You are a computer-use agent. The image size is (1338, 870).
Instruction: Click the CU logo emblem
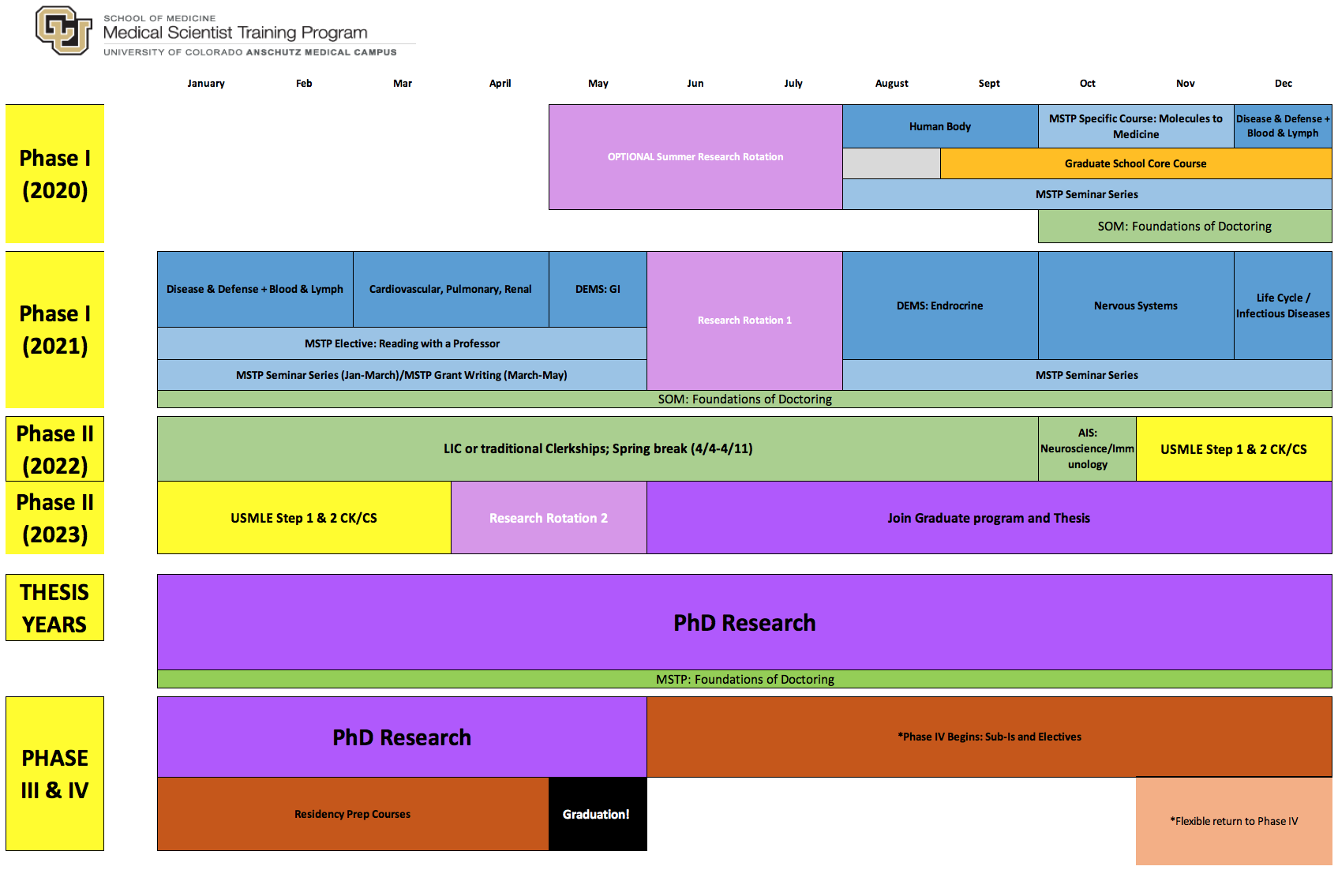(x=63, y=31)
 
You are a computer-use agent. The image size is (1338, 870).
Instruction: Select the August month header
(x=891, y=83)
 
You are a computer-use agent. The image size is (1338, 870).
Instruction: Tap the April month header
(x=500, y=83)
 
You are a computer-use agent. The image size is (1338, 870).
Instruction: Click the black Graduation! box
(x=597, y=814)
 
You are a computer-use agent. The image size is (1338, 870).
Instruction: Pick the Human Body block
(x=939, y=126)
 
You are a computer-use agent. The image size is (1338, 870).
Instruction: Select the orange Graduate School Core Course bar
(x=1135, y=163)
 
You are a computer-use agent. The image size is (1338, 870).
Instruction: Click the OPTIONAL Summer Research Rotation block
(x=695, y=157)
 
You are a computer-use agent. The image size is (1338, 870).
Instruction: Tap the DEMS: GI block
(x=598, y=289)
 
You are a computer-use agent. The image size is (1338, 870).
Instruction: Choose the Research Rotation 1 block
(x=744, y=320)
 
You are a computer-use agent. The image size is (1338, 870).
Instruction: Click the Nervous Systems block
(x=1135, y=306)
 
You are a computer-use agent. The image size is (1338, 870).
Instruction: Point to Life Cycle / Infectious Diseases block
(x=1283, y=306)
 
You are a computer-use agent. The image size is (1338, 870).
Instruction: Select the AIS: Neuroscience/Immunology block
(x=1087, y=448)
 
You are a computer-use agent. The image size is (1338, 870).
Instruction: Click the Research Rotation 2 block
(x=548, y=518)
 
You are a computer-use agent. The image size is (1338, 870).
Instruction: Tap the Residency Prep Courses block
(x=352, y=814)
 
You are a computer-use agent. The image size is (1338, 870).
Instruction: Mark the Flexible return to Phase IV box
(x=1233, y=821)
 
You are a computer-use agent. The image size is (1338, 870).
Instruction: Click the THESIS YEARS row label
(x=54, y=608)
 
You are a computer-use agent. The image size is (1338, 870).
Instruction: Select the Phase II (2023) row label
(x=54, y=518)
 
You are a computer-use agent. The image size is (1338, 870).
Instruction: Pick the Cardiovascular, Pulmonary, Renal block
(x=450, y=289)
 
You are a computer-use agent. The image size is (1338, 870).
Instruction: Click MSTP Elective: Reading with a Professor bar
(x=402, y=343)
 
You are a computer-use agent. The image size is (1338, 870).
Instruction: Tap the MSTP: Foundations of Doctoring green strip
(x=744, y=679)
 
